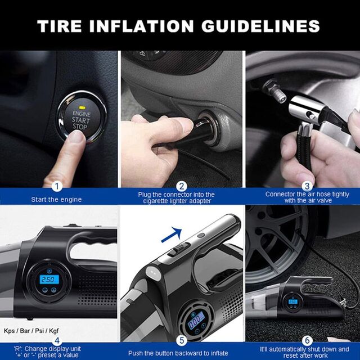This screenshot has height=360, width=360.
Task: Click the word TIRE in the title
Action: point(59,26)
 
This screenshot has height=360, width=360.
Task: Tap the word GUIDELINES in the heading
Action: point(260,26)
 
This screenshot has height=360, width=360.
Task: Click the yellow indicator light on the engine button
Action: point(81,107)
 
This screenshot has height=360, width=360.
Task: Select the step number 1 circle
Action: point(57,186)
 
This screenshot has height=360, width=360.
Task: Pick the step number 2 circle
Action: point(181,186)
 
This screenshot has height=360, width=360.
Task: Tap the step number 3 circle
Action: point(307,186)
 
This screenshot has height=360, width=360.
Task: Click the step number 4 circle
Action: point(57,340)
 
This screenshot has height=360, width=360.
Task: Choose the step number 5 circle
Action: point(182,340)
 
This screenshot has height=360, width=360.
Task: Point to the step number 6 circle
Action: point(307,340)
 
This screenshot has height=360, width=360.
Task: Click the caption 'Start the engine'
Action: point(56,200)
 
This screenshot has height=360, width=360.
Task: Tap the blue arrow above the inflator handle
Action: point(172,235)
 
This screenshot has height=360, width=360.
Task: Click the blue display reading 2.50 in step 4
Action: point(49,280)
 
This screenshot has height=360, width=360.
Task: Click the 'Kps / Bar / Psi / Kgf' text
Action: point(31,331)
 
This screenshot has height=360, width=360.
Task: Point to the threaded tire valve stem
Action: point(274,90)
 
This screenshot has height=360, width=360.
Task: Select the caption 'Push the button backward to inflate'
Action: point(178,353)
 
